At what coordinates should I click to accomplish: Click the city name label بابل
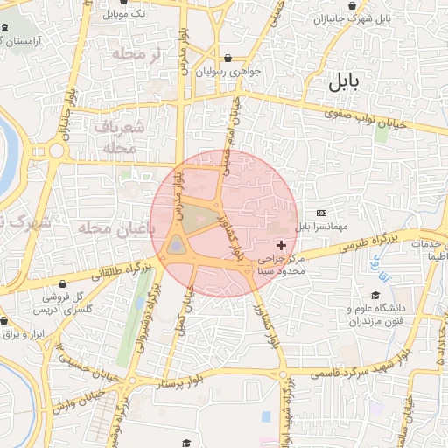345,84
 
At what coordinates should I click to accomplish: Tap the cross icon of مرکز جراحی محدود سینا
280,246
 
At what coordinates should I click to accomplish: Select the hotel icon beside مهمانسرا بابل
321,213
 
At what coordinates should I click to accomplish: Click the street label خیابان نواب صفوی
364,118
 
